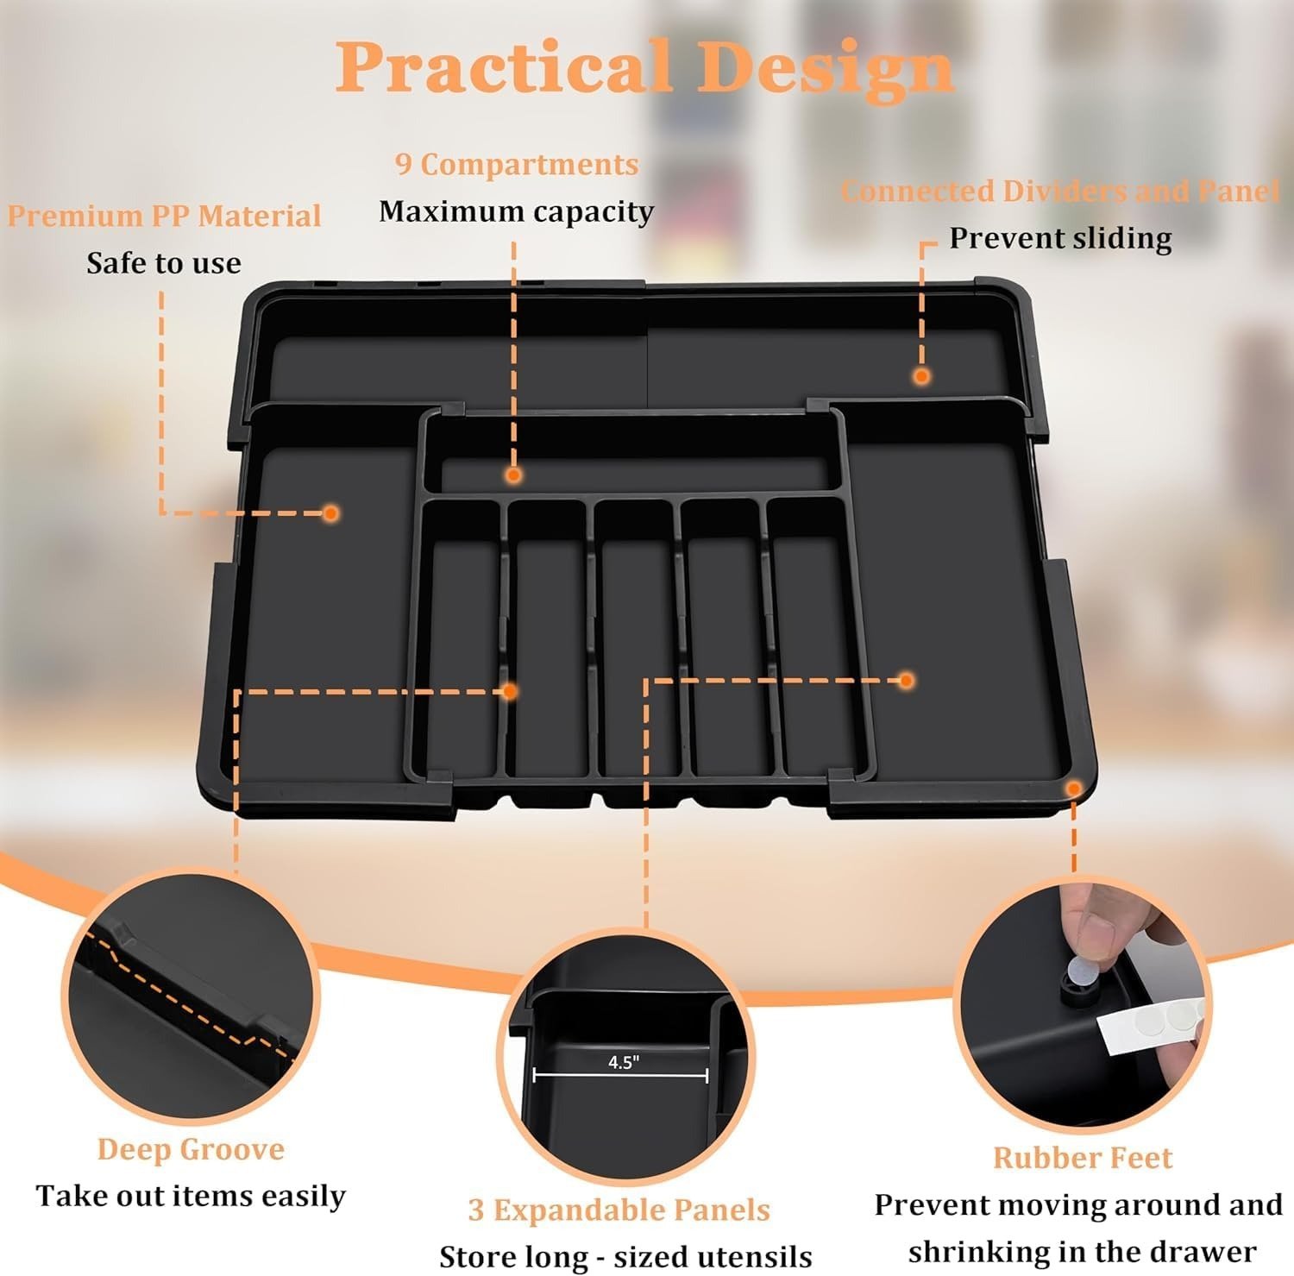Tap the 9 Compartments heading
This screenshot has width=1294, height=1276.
coord(517,164)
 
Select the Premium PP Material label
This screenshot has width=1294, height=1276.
coord(164,216)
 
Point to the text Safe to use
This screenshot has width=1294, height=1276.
coord(164,263)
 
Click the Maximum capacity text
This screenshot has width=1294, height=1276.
coord(516,211)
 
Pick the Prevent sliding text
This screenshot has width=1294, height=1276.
coord(1060,238)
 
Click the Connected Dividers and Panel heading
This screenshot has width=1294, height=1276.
coord(1059,191)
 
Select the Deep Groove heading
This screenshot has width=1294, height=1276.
coord(191,1149)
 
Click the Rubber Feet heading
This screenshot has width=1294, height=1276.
coord(1083,1158)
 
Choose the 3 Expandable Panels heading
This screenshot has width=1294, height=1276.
coord(619,1210)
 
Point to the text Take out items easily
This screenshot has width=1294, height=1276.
coord(191,1196)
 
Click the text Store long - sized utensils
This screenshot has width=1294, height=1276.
coord(625,1256)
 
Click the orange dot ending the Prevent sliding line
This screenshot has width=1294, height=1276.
coord(921,376)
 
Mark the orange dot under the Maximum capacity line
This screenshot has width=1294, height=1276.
coord(514,475)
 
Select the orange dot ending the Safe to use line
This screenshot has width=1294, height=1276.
coord(330,513)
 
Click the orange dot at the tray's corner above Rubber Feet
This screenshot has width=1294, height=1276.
coord(1073,789)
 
